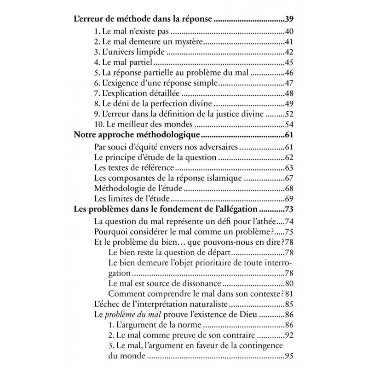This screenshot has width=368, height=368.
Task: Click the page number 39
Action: tap(289, 20)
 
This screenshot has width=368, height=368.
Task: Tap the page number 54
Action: tap(289, 125)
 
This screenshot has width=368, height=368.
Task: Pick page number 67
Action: tap(289, 178)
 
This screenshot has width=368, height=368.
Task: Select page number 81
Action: tap(289, 294)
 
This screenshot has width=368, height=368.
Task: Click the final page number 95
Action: tap(289, 356)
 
